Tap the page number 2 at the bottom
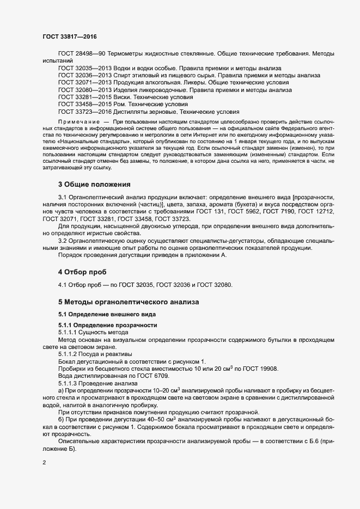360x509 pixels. point(44,463)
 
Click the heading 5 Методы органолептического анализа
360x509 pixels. point(129,301)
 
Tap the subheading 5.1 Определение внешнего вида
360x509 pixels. point(107,315)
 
